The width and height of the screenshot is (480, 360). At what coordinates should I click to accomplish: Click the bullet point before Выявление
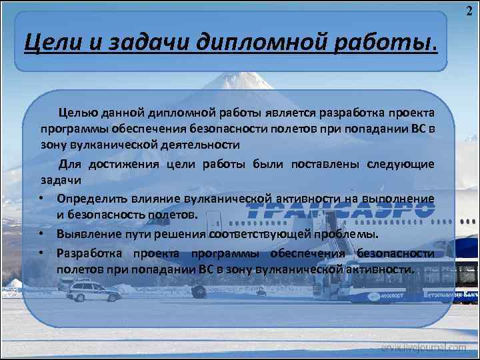(41, 235)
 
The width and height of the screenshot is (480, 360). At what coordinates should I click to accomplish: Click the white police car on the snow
(93, 291)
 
